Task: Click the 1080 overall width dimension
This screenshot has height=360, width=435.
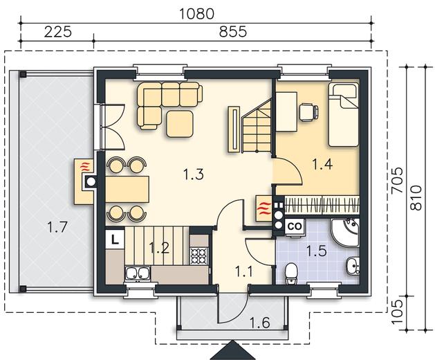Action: point(196,14)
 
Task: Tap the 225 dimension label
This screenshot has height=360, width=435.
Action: point(58,32)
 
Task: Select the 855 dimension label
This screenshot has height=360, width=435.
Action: point(233,32)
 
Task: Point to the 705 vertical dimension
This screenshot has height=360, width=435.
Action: point(397,180)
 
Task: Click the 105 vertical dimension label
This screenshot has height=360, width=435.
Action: point(397,312)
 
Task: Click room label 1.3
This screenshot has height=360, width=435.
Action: point(194,174)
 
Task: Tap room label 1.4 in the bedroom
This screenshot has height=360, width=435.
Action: point(322,164)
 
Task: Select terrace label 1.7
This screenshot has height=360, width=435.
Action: point(57,227)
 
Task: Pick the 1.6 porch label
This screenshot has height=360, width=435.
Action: point(259,323)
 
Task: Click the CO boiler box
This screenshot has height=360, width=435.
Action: point(295,226)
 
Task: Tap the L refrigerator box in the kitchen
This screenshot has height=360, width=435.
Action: point(115,239)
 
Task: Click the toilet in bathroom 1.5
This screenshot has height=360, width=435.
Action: point(291,273)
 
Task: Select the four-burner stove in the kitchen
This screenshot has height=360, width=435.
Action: point(199,256)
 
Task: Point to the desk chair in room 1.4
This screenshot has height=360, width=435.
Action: point(308,112)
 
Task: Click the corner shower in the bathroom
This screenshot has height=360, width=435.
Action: point(344,233)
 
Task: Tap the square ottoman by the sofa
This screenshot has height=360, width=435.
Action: point(180,124)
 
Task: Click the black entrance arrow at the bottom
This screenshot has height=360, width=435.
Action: point(233,351)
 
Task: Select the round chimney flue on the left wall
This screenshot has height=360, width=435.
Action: point(91,182)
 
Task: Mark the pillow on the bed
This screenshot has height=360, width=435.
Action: point(343,91)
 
